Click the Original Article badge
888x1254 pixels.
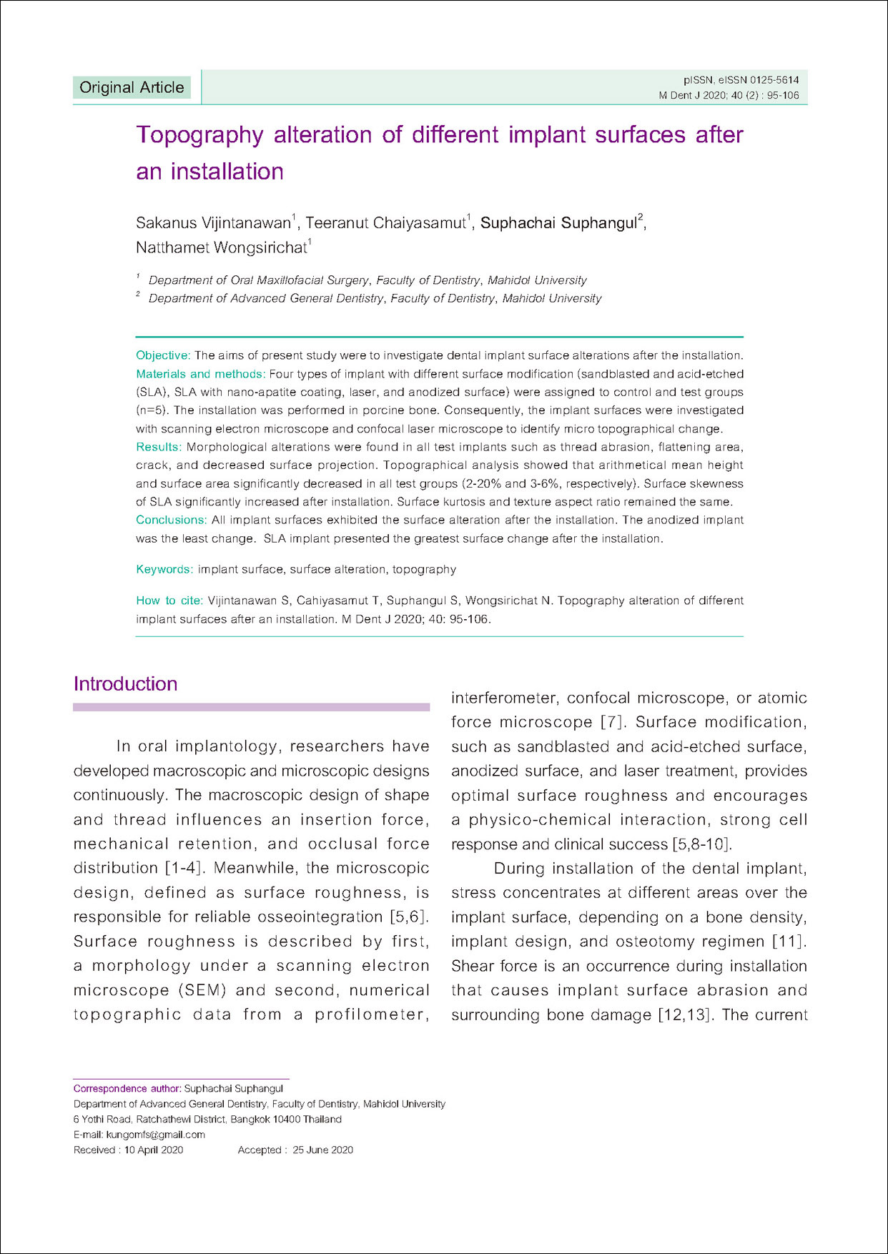(132, 87)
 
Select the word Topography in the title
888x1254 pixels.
(199, 134)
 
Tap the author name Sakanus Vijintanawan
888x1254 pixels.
(213, 223)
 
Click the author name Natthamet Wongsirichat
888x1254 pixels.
(221, 248)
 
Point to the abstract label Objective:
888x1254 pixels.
(163, 355)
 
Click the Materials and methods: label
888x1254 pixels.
(200, 374)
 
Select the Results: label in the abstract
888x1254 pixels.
(159, 447)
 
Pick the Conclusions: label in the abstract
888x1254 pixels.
(172, 520)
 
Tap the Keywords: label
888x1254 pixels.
(164, 569)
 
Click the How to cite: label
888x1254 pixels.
(169, 601)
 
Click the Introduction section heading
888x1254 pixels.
(125, 684)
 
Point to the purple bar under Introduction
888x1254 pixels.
(251, 707)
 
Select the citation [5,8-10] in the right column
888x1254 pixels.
(701, 844)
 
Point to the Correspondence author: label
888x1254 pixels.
(127, 1088)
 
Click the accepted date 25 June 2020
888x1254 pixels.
(322, 1150)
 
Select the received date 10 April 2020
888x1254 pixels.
(154, 1150)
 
